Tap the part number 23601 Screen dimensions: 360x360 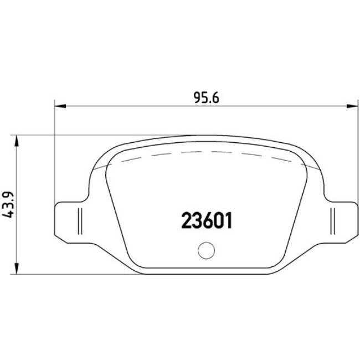206,220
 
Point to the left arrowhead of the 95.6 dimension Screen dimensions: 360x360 58,105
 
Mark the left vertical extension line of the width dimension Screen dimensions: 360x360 54,155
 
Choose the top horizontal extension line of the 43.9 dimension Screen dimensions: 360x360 66,135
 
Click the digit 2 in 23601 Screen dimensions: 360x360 187,220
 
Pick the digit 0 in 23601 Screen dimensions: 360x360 216,220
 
